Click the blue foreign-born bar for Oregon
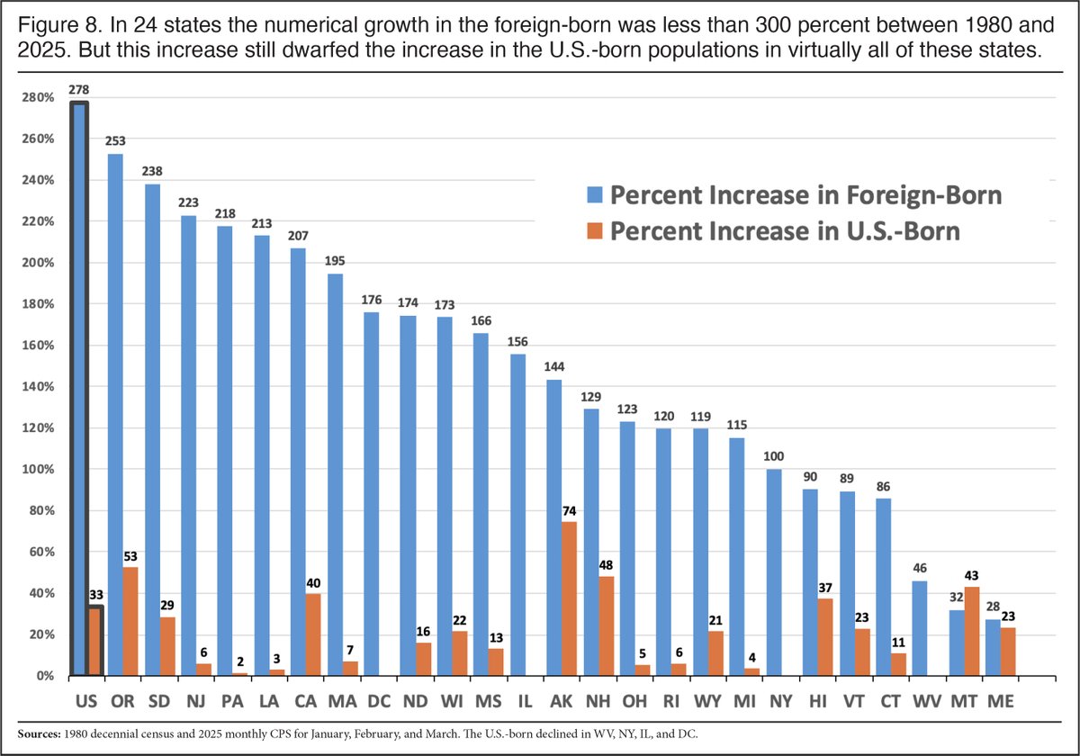click(x=115, y=414)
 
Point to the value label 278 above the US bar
click(x=79, y=90)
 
